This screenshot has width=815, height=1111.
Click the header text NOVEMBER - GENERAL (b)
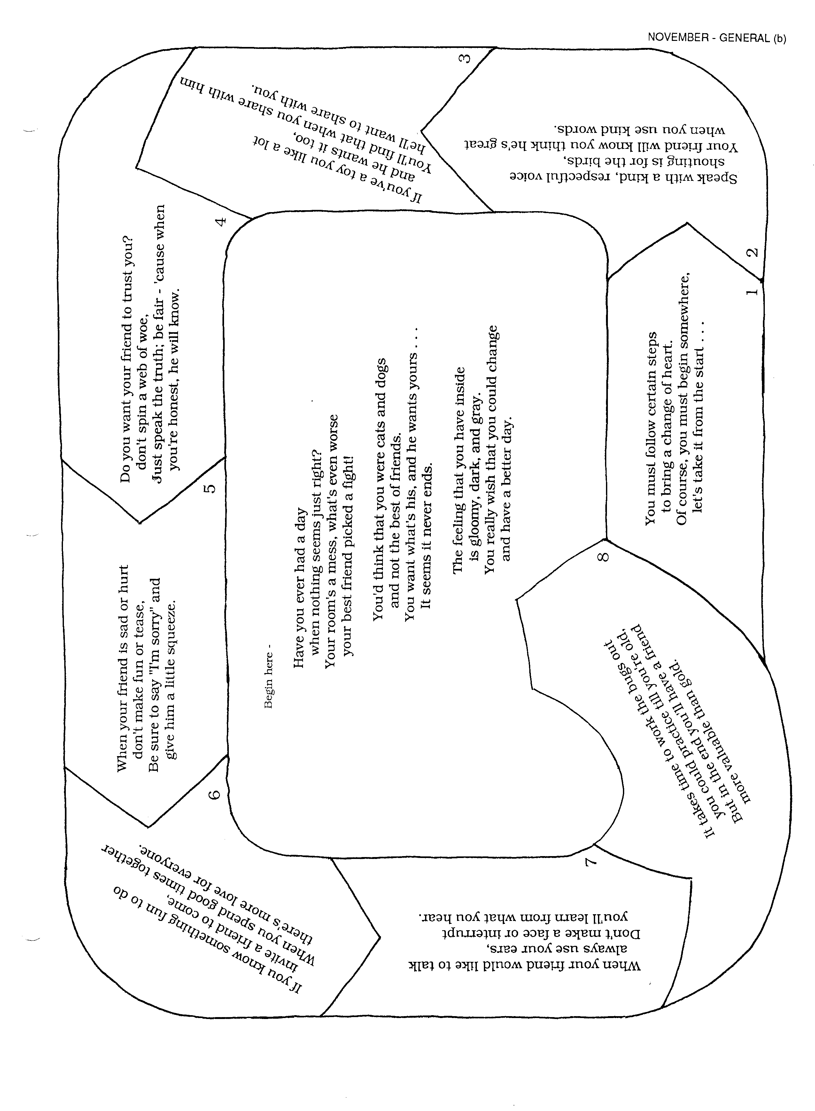[716, 38]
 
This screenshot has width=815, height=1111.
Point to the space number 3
[464, 58]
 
